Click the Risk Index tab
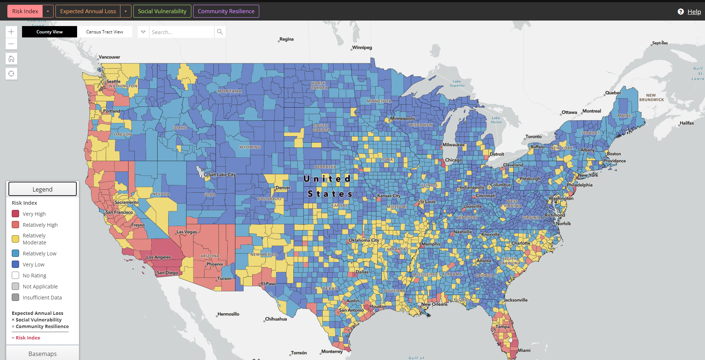click(25, 11)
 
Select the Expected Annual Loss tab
click(88, 11)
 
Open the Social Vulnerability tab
click(162, 11)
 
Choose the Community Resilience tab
click(226, 11)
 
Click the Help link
click(694, 12)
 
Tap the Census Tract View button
click(105, 32)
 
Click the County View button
click(50, 32)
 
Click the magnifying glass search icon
click(220, 32)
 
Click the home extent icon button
click(11, 59)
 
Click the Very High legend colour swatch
click(15, 214)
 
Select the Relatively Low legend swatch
click(15, 253)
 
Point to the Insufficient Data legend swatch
click(15, 297)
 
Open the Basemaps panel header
click(43, 353)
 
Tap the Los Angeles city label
click(159, 257)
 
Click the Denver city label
click(283, 188)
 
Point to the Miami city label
click(524, 350)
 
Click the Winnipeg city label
click(362, 48)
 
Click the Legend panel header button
click(43, 189)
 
